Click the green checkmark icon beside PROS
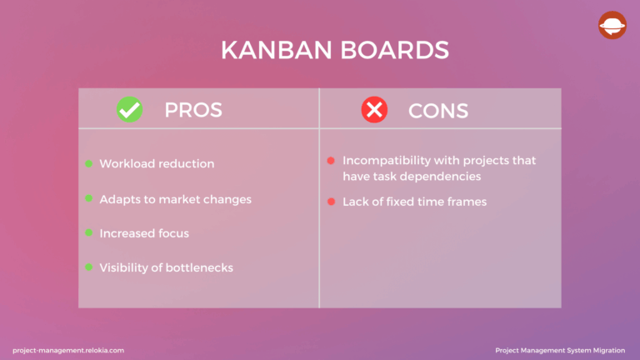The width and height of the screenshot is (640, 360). pos(129,109)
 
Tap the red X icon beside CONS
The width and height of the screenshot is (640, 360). pos(374,109)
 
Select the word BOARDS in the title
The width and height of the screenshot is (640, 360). pos(395,50)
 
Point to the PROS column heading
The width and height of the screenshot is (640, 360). pos(193,110)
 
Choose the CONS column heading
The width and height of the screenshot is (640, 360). pos(438,110)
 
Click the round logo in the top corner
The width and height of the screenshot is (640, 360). pos(612,25)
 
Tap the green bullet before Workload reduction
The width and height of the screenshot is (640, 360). pos(88,163)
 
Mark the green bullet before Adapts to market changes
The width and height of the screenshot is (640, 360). pos(88,198)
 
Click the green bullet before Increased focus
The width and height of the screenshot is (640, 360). pos(88,232)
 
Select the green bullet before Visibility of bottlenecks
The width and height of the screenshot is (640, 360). pos(88,267)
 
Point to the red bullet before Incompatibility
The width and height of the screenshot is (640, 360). pos(331,160)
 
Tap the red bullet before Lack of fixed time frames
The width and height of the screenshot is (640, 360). pos(331,202)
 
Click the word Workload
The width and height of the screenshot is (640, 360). pos(126,163)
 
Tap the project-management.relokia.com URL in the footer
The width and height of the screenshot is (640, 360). pos(68,350)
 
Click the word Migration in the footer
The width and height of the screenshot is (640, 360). pos(605,350)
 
